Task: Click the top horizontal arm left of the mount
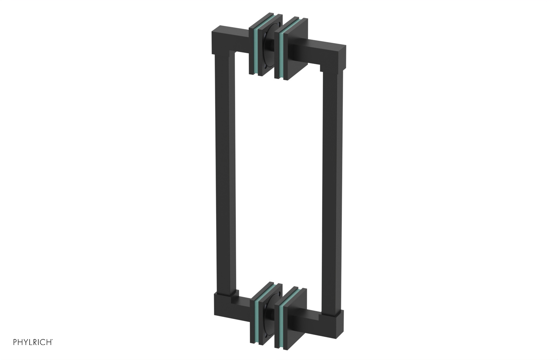(x=232, y=38)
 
